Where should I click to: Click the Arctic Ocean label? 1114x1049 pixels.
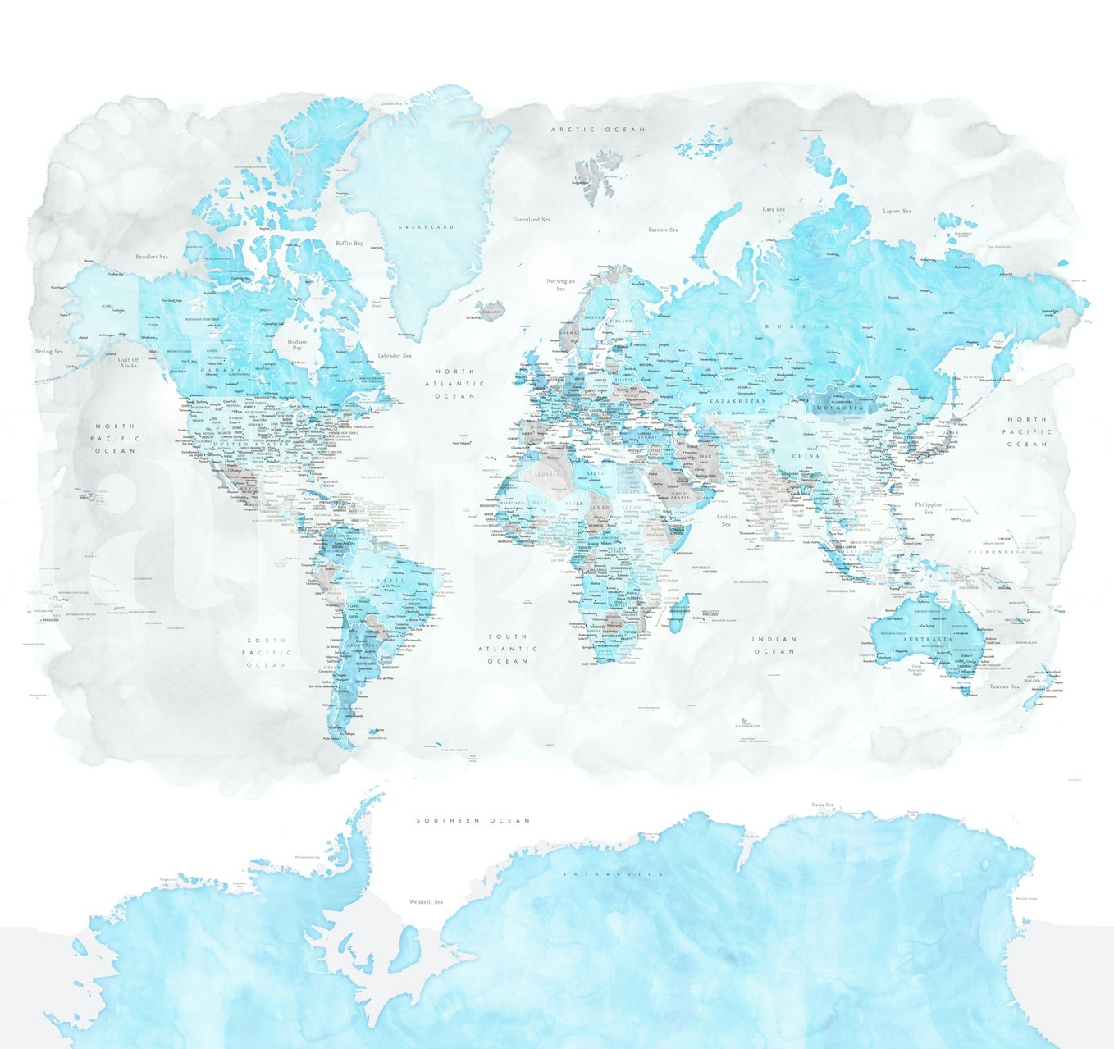(597, 130)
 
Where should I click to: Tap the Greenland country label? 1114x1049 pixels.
(426, 227)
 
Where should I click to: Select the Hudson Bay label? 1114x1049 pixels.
(297, 345)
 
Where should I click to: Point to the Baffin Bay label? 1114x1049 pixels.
(349, 244)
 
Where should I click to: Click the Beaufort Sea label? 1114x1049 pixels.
(151, 258)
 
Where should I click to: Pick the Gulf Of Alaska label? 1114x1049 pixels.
(129, 363)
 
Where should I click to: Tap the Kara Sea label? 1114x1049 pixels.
(773, 210)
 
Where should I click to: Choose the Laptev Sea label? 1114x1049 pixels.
(897, 212)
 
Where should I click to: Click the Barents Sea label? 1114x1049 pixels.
(663, 230)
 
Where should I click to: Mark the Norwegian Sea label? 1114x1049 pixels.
(561, 285)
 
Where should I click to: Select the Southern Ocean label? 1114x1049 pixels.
(473, 820)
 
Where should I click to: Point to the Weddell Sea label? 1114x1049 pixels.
(426, 902)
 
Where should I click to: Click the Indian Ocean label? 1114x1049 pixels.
(775, 645)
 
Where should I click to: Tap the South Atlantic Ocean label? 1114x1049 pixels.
(508, 648)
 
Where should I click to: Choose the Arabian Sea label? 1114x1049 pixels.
(727, 520)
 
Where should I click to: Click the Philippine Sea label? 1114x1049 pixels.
(929, 509)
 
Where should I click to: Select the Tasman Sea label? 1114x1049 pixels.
(1003, 686)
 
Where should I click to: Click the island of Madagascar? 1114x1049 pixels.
(677, 613)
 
